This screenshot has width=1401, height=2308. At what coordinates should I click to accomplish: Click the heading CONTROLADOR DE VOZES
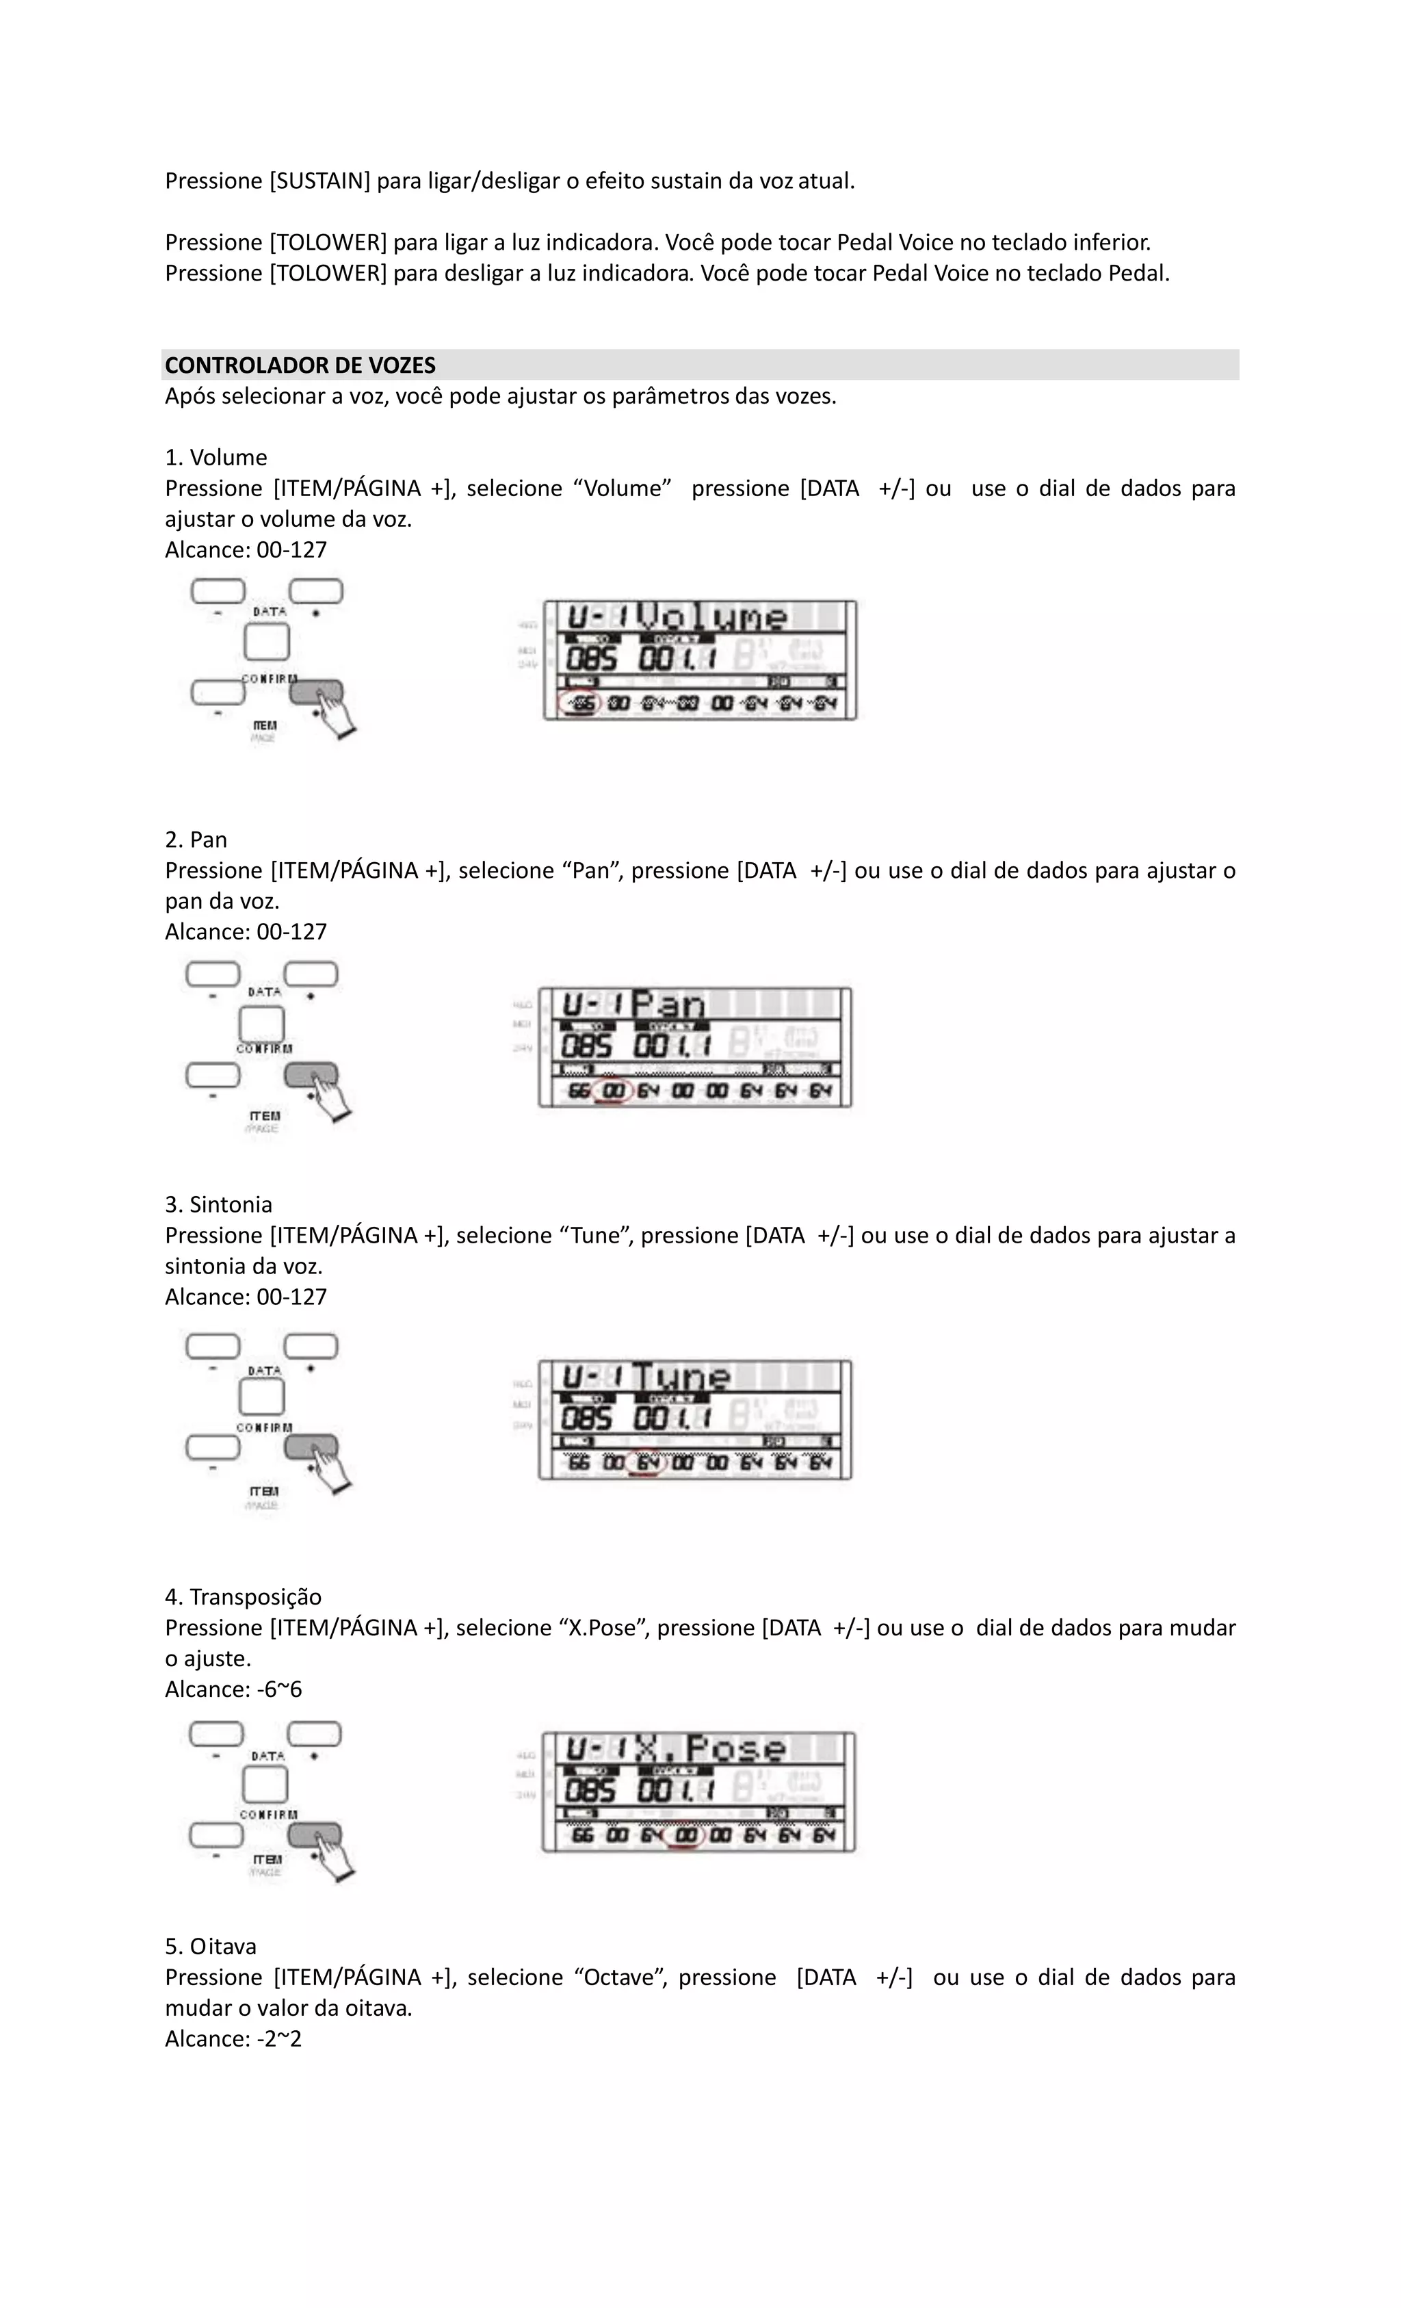tap(300, 365)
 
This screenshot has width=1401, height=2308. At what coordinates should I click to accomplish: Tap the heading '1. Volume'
tap(215, 457)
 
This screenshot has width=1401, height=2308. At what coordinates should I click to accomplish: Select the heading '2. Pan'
tap(196, 840)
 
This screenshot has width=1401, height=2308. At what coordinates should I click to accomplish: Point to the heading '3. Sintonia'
tap(218, 1204)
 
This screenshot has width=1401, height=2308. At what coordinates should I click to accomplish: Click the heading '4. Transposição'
tap(243, 1597)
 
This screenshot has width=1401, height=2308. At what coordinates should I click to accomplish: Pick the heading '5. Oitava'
tap(210, 1947)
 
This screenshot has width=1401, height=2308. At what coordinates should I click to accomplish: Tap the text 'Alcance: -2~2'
tap(233, 2038)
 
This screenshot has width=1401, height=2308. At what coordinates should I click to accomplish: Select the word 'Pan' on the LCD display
tap(668, 1005)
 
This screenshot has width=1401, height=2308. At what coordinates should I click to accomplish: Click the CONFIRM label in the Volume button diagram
tap(269, 678)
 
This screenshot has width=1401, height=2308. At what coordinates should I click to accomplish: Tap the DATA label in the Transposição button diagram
tap(268, 1756)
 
